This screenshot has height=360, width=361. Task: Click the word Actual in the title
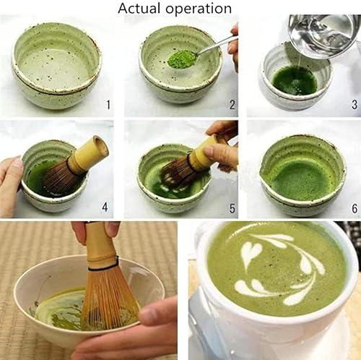click(x=139, y=8)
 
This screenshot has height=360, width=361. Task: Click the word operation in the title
click(x=199, y=9)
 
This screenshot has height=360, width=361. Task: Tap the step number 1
click(x=108, y=105)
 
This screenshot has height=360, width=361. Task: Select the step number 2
click(x=232, y=105)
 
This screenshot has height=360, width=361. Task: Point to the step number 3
click(x=355, y=105)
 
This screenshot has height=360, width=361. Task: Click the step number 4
click(x=105, y=207)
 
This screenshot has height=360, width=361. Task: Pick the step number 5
click(x=232, y=208)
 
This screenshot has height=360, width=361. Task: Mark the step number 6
click(x=355, y=208)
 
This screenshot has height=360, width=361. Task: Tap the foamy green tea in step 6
click(x=301, y=179)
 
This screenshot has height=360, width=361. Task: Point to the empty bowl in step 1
click(x=56, y=65)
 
